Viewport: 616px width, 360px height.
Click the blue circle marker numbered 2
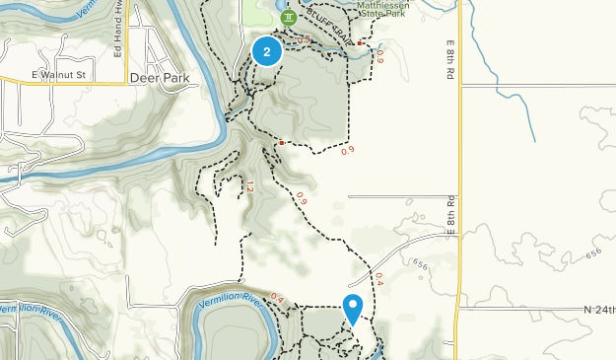tap(267, 51)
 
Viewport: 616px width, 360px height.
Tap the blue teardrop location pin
tap(352, 309)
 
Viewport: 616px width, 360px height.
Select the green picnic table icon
tap(287, 18)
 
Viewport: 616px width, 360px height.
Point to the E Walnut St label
tap(59, 75)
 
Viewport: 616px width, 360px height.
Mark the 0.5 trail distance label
tap(304, 39)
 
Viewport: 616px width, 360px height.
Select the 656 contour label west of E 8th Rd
tap(422, 263)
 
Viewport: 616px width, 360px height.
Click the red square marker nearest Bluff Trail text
tap(361, 43)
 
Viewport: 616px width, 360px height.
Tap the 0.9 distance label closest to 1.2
tap(302, 201)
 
